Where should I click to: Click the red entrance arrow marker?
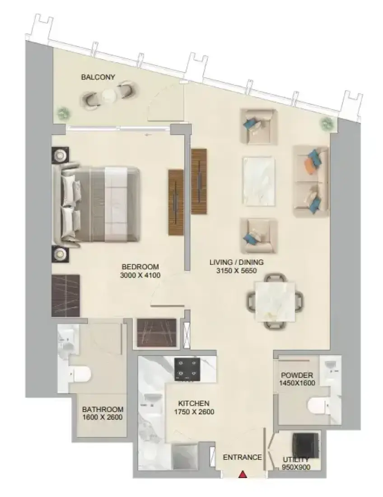click(x=243, y=474)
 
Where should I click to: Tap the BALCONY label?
click(x=98, y=77)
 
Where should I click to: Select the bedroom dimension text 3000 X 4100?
click(x=140, y=275)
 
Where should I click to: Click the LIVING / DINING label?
click(x=236, y=262)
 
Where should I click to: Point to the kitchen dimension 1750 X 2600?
click(x=194, y=412)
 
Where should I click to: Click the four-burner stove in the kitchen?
click(x=187, y=369)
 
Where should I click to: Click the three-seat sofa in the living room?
click(x=311, y=181)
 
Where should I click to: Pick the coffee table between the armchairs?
click(x=259, y=181)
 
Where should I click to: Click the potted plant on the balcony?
click(x=63, y=113)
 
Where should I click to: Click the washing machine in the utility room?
click(x=305, y=445)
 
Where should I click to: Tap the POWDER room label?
click(x=297, y=375)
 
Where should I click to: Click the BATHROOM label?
click(x=103, y=409)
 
